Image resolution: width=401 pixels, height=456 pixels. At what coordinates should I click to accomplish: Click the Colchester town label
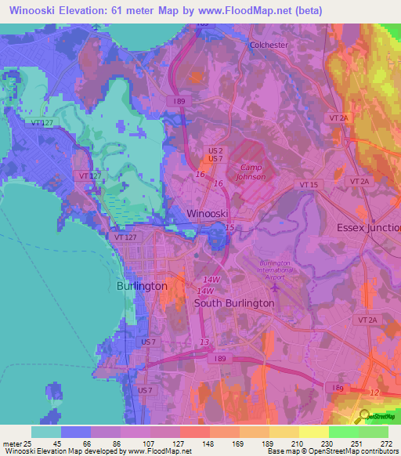[269, 45]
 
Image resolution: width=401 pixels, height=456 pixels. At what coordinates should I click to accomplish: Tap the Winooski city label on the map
[208, 213]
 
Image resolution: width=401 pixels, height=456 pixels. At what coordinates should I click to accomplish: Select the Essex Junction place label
[367, 227]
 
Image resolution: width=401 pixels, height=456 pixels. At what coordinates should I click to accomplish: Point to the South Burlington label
[234, 303]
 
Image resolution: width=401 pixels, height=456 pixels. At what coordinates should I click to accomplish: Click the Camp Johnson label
[252, 172]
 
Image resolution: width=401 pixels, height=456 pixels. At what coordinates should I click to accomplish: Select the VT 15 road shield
[308, 183]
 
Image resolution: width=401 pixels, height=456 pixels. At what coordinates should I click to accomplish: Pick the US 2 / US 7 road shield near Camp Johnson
[216, 154]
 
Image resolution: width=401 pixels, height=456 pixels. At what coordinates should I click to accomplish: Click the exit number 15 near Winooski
[229, 227]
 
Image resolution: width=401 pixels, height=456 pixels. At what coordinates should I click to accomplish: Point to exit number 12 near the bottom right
[374, 392]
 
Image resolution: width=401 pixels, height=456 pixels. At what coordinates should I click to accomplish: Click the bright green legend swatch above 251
[343, 432]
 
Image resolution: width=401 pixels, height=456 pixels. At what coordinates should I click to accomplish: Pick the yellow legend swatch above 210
[284, 432]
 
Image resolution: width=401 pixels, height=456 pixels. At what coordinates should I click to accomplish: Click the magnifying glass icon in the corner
[363, 415]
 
